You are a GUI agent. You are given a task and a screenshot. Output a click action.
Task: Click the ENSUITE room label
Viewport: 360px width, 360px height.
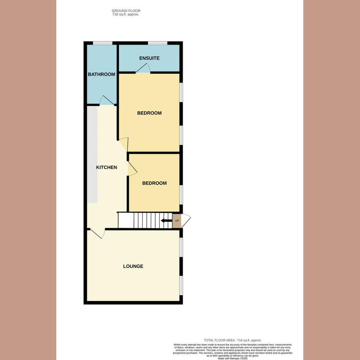click(x=149, y=58)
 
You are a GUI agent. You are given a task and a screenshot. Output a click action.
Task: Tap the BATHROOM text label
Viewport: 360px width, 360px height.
click(x=101, y=74)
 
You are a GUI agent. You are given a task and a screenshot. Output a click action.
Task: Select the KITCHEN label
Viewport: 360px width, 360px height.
click(x=107, y=167)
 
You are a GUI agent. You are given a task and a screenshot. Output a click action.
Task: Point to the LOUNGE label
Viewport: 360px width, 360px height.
click(x=133, y=266)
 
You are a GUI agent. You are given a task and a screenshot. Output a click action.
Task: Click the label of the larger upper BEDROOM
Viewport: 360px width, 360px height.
click(x=149, y=113)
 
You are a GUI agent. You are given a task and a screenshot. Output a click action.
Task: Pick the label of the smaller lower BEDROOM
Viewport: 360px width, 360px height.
click(x=154, y=183)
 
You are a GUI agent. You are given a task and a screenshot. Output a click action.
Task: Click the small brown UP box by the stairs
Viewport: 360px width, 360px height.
click(x=177, y=221)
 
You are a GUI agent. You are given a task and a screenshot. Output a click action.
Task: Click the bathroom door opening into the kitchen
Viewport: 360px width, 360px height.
click(x=107, y=100)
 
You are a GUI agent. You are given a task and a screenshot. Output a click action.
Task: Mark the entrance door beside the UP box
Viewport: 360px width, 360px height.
click(x=186, y=220)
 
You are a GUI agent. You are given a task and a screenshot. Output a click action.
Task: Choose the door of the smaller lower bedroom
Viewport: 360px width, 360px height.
click(x=132, y=169)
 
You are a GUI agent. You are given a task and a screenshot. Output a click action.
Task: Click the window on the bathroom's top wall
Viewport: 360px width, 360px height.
click(x=103, y=43)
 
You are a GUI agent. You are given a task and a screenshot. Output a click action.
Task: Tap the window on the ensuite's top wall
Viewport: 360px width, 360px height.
click(x=157, y=43)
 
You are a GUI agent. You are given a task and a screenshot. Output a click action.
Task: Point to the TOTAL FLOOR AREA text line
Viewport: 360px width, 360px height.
click(x=233, y=340)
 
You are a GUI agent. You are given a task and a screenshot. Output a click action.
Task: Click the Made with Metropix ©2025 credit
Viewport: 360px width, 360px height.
click(x=233, y=358)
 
